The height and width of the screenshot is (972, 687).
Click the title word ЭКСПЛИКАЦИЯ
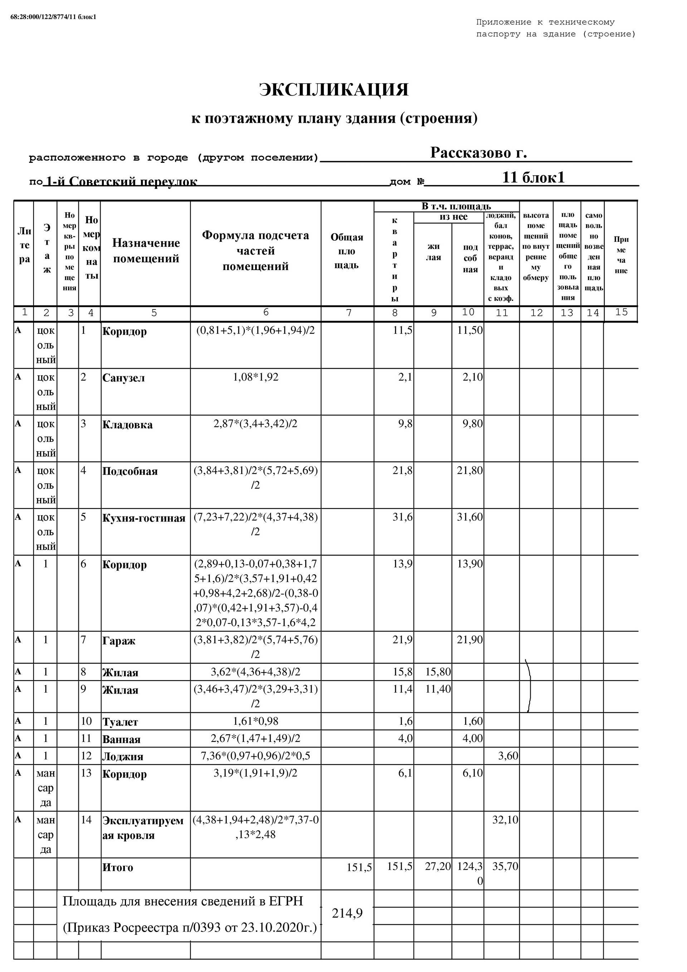point(334,90)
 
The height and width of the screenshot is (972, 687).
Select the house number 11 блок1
point(533,177)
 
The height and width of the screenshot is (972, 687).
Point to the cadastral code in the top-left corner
point(53,17)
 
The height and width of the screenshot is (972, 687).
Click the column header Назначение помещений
point(146,251)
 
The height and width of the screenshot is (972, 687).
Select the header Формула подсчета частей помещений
point(255,251)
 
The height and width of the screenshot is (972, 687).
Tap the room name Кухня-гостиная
point(143,519)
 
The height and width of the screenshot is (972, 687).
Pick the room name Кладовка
point(127,425)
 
